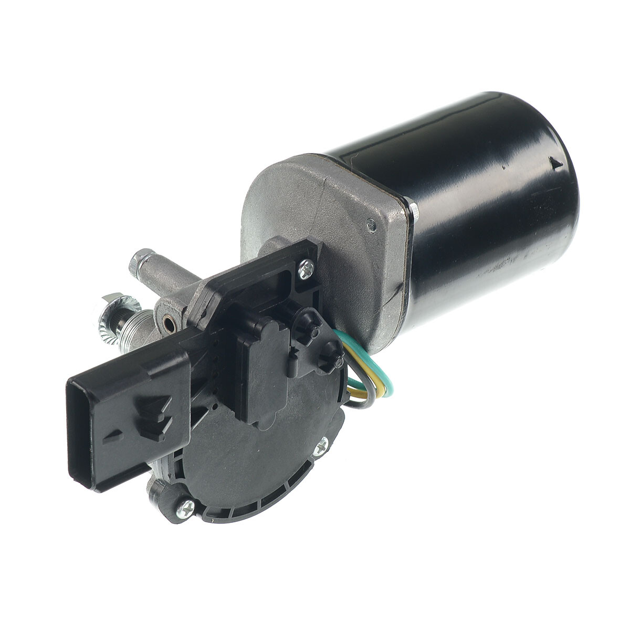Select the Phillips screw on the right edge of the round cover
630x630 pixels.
tap(321, 447)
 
